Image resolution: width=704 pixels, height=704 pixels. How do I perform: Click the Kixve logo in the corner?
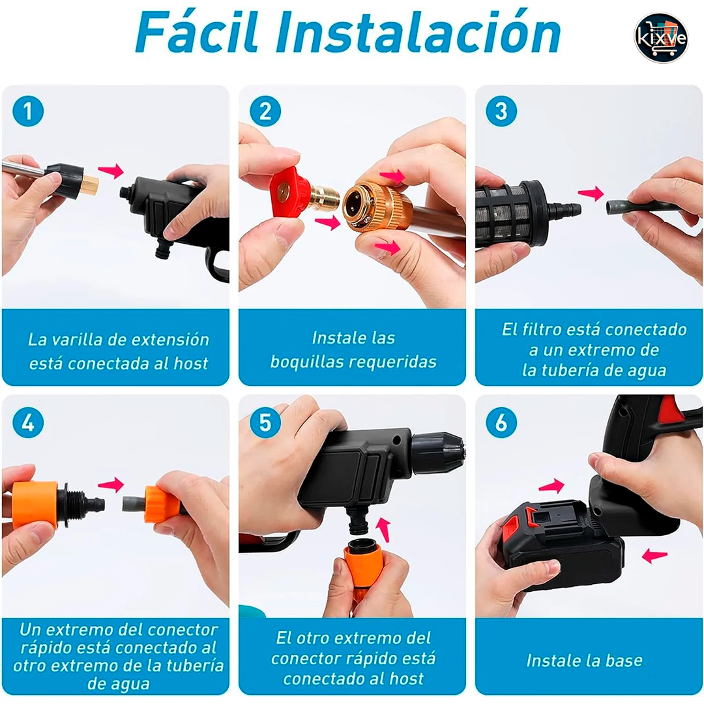[x=660, y=37]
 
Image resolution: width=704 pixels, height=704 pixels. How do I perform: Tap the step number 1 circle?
[x=28, y=111]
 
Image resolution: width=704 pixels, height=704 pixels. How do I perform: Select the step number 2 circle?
[x=265, y=111]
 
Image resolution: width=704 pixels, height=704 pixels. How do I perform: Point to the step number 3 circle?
[x=501, y=111]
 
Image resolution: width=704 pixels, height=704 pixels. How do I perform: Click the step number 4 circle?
[x=28, y=422]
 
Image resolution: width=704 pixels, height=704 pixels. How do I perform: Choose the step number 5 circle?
[x=265, y=422]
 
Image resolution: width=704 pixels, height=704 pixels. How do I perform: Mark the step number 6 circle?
[x=501, y=422]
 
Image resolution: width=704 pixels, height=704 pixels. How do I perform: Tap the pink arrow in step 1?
[x=111, y=171]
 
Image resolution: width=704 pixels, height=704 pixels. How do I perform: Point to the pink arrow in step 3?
[x=591, y=193]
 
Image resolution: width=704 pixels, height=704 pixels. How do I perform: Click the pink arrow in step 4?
[x=111, y=484]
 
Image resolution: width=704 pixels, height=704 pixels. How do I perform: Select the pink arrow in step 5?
[x=383, y=529]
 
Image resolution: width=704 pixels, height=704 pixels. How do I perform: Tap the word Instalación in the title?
[x=418, y=33]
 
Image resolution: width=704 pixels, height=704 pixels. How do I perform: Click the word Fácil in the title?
[x=198, y=33]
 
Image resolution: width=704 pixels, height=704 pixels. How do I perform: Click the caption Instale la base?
[x=584, y=660]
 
